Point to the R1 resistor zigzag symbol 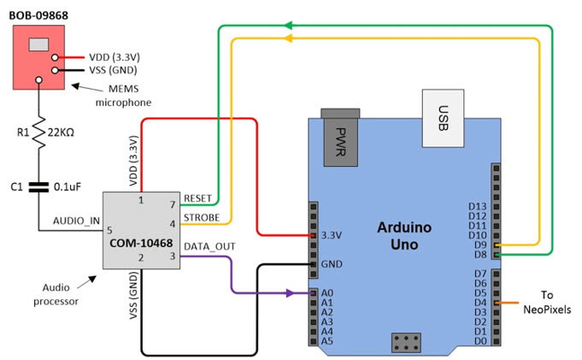pyautogui.click(x=38, y=135)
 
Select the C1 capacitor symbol pyautogui.click(x=38, y=186)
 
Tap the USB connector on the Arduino pyautogui.click(x=442, y=118)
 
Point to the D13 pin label pyautogui.click(x=478, y=207)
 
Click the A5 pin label pyautogui.click(x=326, y=340)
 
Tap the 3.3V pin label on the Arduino pyautogui.click(x=332, y=234)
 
